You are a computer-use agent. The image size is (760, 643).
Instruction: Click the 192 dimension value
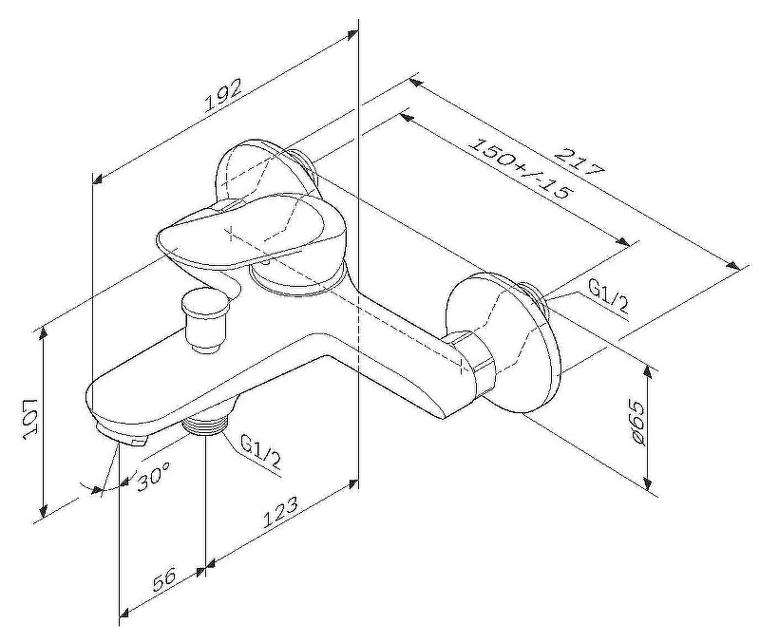pos(223,97)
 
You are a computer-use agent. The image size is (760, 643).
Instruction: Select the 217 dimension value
pos(580,161)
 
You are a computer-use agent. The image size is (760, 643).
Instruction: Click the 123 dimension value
pos(281,512)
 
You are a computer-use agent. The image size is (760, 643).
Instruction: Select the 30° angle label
pos(153,476)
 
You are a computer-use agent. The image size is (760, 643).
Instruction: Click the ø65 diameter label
pos(637,423)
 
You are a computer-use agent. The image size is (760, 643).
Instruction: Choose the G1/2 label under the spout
pos(260,451)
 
